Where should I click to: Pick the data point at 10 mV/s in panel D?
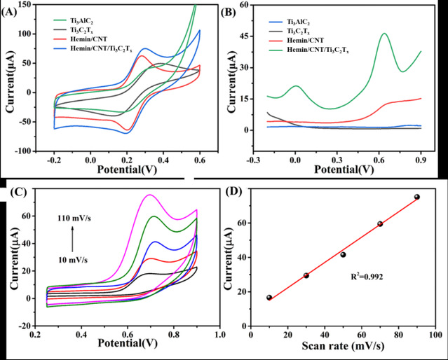pyautogui.click(x=269, y=298)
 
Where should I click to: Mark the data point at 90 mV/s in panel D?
pyautogui.click(x=417, y=197)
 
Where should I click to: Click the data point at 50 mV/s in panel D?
pyautogui.click(x=343, y=254)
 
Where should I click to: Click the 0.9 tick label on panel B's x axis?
pyautogui.click(x=421, y=160)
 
